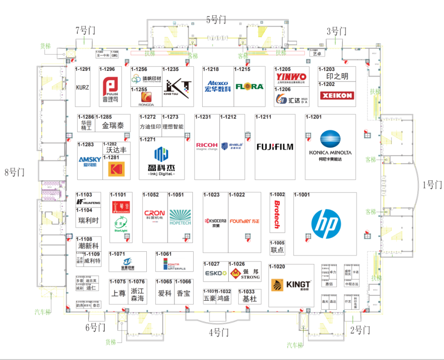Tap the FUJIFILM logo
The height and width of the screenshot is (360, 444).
click(275, 146)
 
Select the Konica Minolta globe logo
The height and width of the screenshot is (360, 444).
click(330, 139)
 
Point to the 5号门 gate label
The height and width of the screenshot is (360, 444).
click(216, 19)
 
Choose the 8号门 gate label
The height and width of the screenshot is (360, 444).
click(15, 172)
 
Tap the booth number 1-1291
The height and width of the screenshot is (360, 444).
click(83, 69)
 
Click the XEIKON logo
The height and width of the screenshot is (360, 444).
click(336, 95)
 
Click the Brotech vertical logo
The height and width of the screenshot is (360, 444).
click(277, 214)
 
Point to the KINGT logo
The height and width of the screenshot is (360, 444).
click(291, 285)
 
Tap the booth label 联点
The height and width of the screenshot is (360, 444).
click(277, 250)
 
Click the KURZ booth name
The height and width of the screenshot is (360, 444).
click(83, 88)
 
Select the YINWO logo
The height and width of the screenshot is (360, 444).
click(291, 77)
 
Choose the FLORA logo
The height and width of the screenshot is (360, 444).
click(249, 86)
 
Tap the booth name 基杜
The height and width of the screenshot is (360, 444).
click(250, 299)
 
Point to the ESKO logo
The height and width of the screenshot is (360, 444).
click(216, 273)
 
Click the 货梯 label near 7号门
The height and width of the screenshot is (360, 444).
click(45, 46)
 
